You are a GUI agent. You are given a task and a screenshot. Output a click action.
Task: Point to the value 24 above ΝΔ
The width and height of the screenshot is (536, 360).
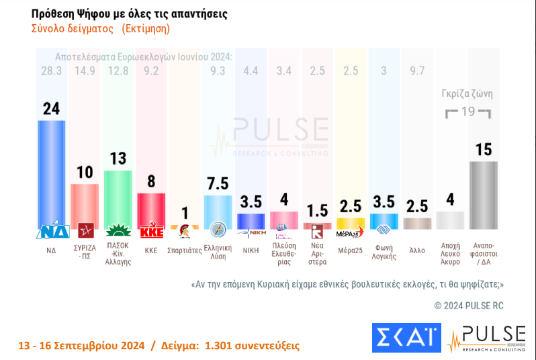tap(51, 109)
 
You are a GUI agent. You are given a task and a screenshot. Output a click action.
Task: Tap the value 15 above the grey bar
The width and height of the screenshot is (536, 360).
tap(484, 150)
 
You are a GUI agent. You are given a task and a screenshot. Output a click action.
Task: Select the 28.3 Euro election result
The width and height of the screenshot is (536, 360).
tap(51, 71)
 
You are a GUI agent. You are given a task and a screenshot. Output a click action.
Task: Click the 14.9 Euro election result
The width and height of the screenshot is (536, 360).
tap(85, 71)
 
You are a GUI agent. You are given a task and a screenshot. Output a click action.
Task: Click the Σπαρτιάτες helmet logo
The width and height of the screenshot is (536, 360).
tap(185, 232)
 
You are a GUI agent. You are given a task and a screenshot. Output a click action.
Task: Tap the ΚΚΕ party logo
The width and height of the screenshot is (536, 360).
tap(150, 232)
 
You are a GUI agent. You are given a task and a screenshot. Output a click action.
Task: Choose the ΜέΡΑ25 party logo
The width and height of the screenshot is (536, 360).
tap(350, 232)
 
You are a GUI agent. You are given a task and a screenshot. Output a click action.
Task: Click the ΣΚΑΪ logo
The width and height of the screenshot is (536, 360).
tap(406, 338)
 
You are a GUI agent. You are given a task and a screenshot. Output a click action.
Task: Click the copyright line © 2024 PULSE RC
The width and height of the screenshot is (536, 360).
tap(469, 306)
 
